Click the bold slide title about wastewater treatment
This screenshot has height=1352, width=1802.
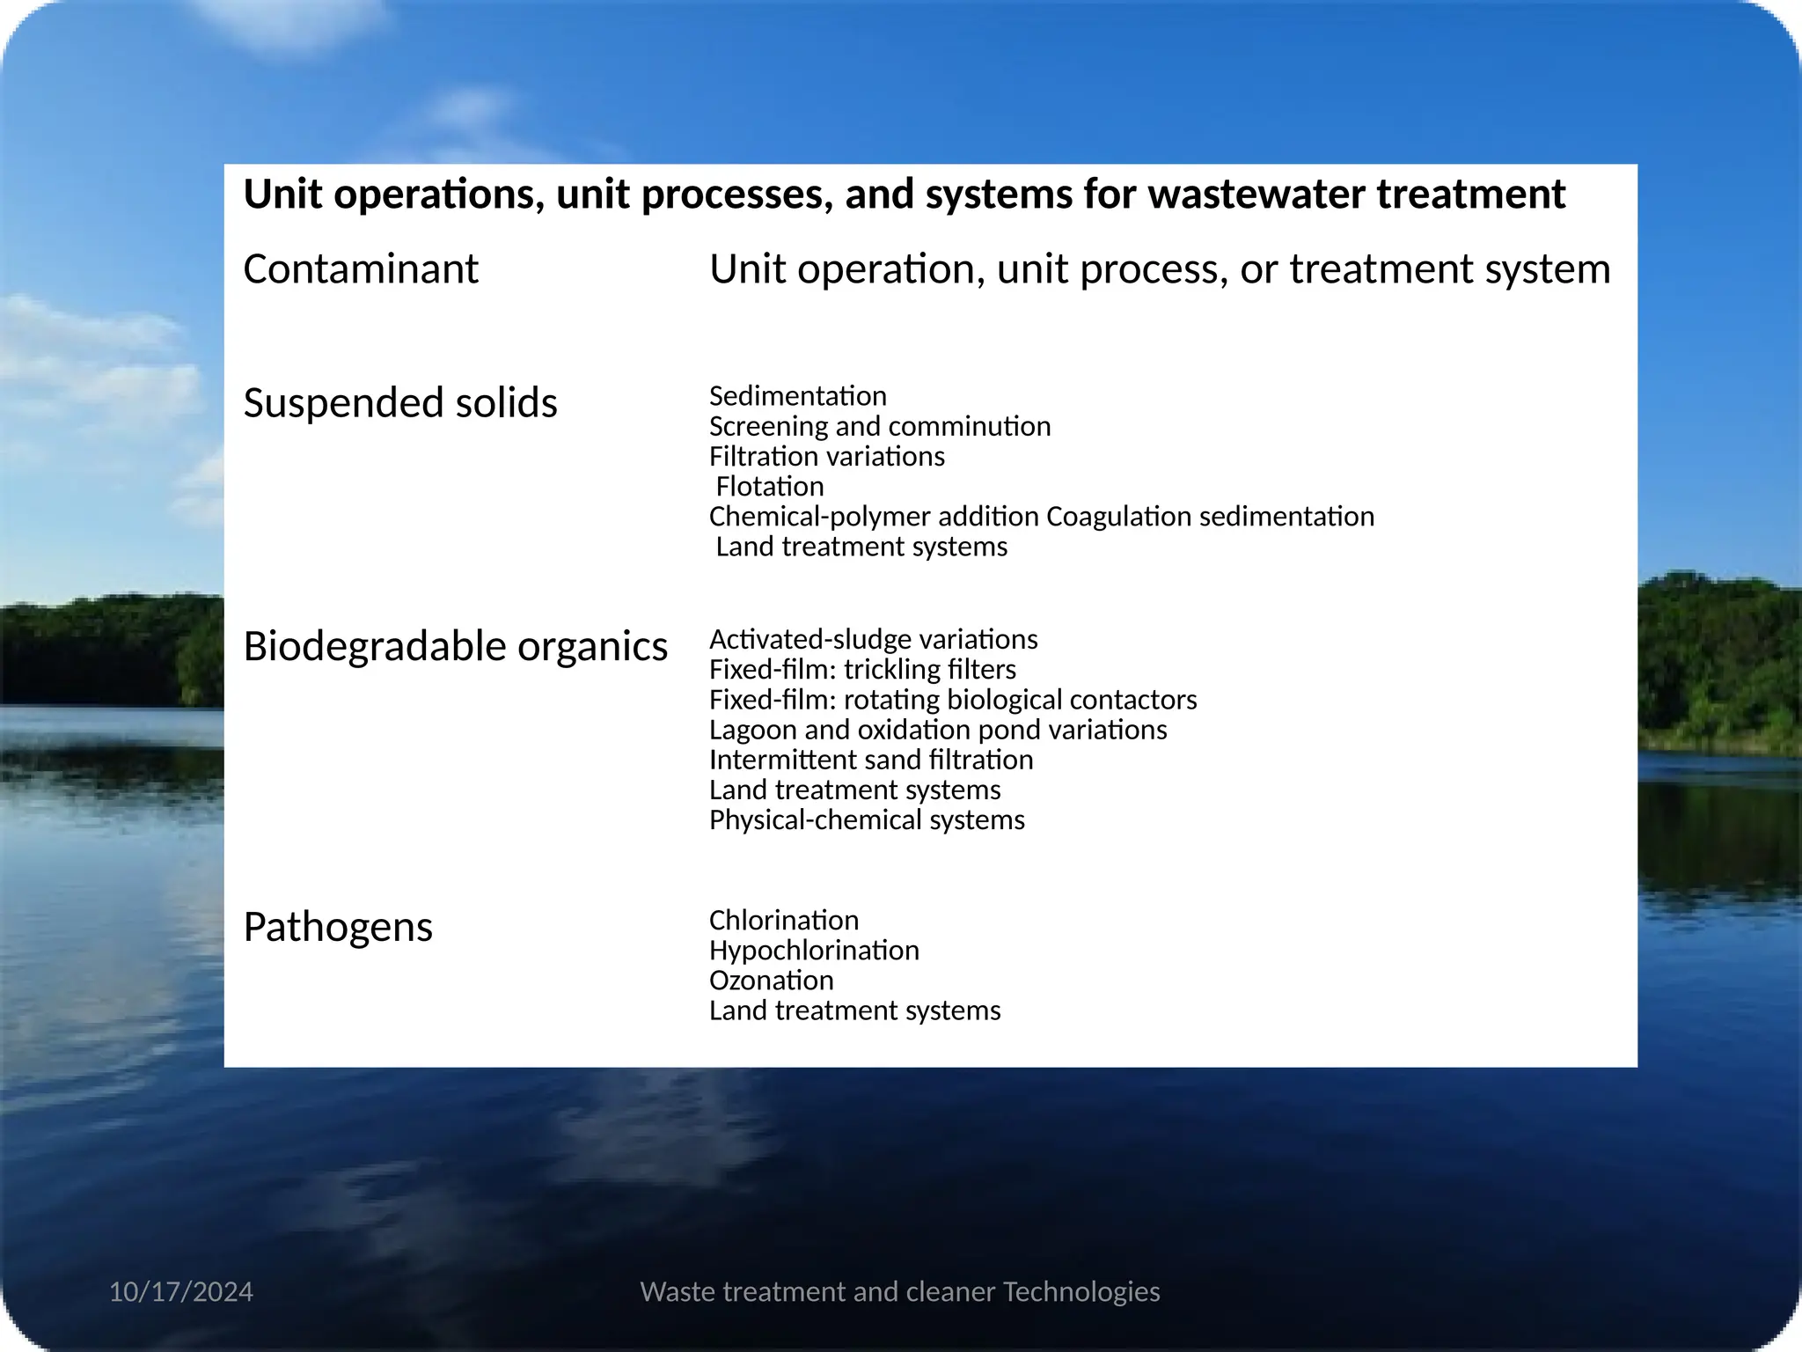[904, 194]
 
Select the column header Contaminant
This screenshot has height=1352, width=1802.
[361, 268]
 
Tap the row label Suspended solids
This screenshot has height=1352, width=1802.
[400, 402]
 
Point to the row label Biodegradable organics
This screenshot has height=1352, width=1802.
[456, 646]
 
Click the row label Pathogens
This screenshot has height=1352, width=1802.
[338, 927]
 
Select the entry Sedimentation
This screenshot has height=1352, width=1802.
[798, 396]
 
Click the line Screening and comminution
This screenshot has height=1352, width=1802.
[880, 426]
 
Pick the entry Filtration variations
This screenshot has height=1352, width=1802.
[827, 456]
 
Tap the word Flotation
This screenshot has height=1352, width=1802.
[770, 486]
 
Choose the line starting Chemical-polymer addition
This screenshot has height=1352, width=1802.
[1042, 516]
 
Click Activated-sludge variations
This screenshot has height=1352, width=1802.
[874, 639]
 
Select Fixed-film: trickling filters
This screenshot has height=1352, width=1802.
[862, 669]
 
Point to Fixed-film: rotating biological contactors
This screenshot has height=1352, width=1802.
[953, 700]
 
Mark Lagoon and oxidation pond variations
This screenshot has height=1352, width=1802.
[938, 730]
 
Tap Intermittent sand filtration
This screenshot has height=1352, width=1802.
[871, 760]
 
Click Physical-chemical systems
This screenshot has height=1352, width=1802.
[867, 819]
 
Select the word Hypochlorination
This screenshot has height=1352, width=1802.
[814, 951]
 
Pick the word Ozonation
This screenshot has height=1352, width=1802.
[772, 981]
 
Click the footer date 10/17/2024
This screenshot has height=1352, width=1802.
[181, 1291]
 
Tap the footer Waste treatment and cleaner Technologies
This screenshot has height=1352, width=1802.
[900, 1291]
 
